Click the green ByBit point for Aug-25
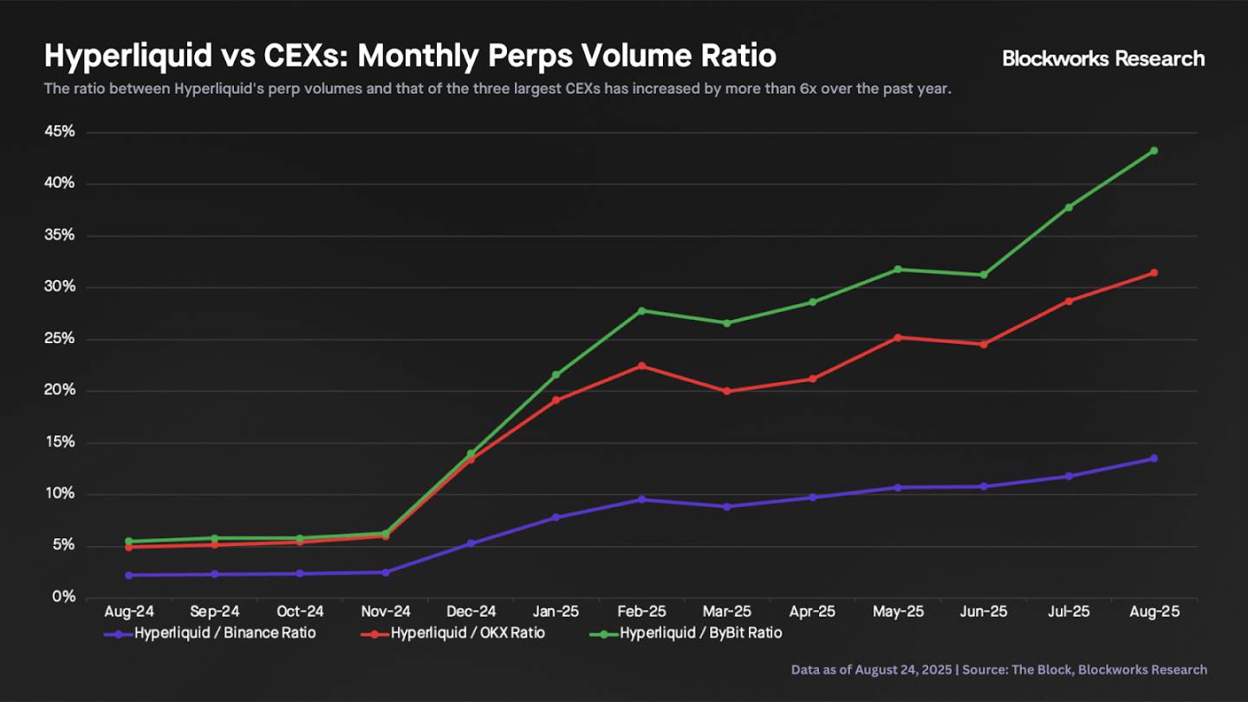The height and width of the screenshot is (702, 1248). (1154, 151)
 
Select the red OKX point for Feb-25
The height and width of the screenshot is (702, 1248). (641, 366)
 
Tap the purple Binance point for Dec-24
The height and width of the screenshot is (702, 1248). (471, 543)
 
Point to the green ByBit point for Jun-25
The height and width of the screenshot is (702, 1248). (983, 275)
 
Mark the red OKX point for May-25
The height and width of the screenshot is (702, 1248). (898, 337)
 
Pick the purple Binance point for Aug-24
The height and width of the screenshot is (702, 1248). (129, 575)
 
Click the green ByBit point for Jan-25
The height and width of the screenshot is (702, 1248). (556, 375)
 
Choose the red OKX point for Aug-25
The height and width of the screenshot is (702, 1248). (1154, 273)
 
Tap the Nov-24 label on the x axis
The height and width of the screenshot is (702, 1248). (385, 612)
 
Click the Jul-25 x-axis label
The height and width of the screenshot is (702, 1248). (1069, 612)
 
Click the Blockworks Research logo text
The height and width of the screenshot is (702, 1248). (1103, 59)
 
